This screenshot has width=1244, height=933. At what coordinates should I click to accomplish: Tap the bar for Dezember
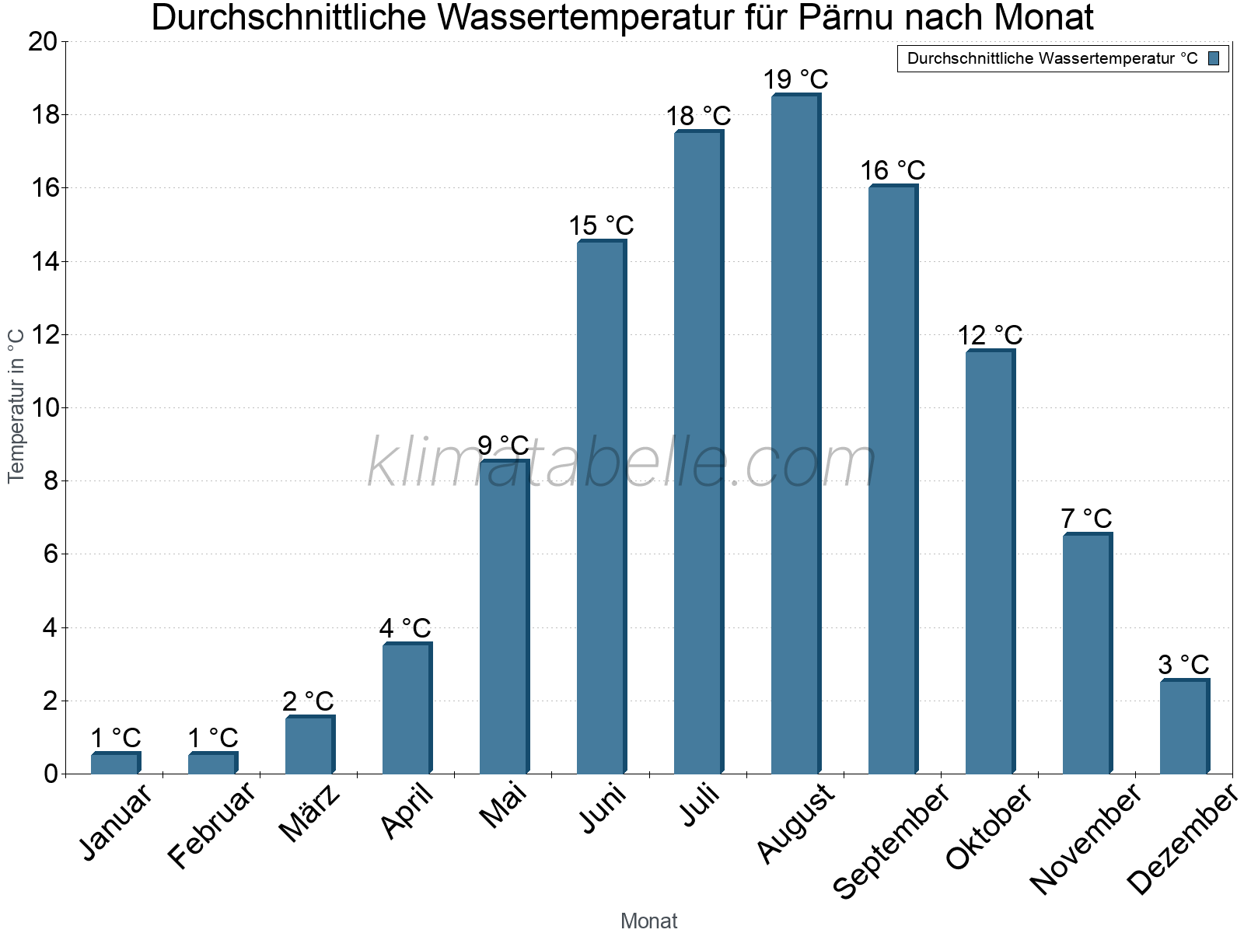pos(1184,726)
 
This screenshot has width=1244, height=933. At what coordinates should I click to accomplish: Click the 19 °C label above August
pos(795,79)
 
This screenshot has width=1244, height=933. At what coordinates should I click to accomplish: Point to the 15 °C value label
pos(601,225)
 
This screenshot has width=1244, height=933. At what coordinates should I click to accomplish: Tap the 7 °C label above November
pos(1086,518)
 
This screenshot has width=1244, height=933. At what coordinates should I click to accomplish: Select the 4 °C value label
pos(405,628)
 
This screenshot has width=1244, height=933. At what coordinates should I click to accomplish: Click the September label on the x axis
pos(891,840)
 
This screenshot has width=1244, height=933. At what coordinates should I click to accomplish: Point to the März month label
pos(309,812)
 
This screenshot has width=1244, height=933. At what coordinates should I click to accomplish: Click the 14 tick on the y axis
pos(44,261)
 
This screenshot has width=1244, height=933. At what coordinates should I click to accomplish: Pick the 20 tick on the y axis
pos(44,41)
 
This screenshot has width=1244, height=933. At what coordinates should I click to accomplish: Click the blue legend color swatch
pos(1214,58)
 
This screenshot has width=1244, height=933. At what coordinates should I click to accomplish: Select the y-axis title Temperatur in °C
pos(16,405)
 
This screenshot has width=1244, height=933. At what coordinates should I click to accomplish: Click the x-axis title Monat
pos(648,921)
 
